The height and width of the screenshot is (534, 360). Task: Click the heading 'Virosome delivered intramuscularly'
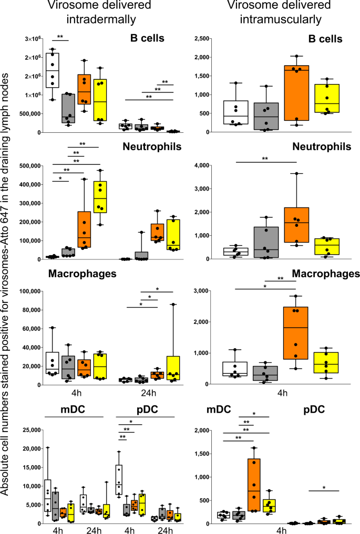(x=273, y=13)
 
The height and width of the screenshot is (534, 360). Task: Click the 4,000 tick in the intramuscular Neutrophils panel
(x=206, y=165)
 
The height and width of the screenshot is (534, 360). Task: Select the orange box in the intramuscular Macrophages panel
(x=295, y=333)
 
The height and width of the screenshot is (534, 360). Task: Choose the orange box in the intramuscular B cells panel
(x=295, y=93)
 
